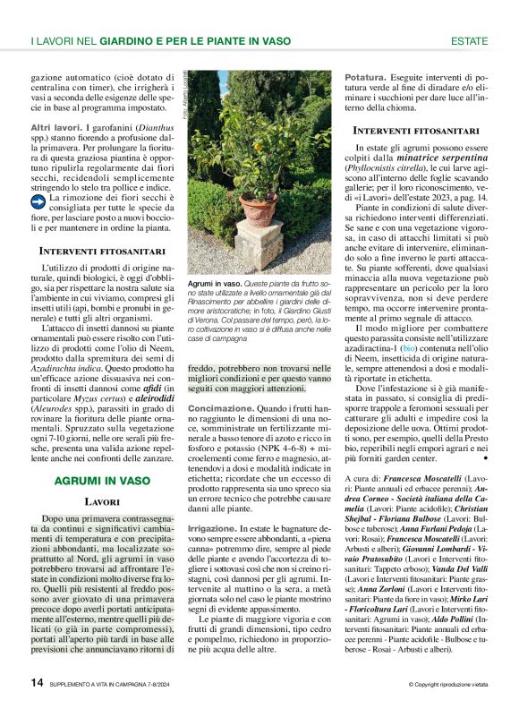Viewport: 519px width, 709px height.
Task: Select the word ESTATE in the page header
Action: (x=469, y=41)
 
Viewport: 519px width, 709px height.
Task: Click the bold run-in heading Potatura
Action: (x=366, y=77)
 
